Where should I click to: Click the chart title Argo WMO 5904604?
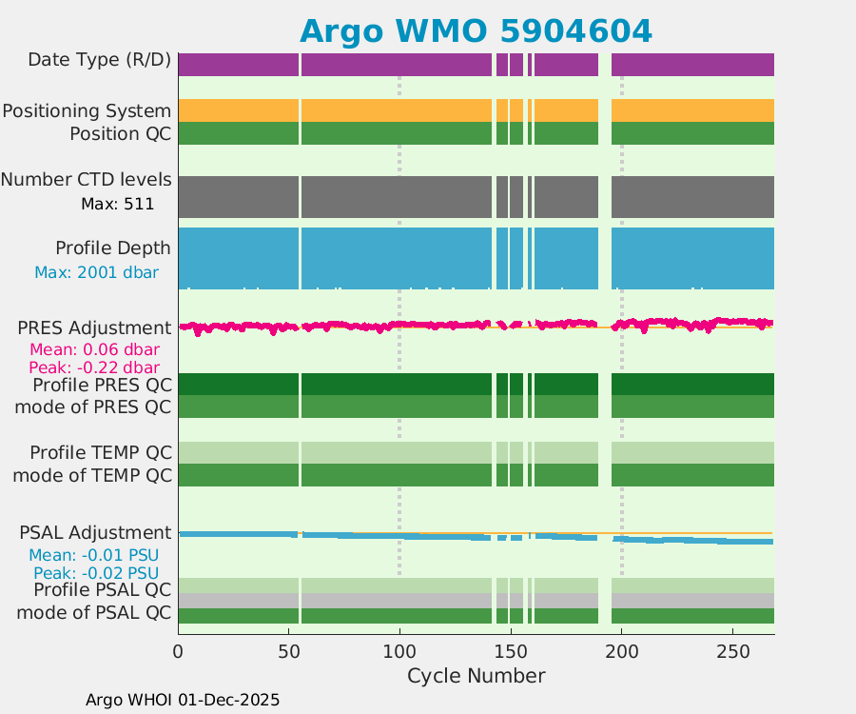click(x=476, y=31)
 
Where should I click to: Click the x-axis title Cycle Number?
click(x=476, y=676)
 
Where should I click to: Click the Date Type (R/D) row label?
click(x=99, y=60)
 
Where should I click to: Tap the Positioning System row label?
click(x=87, y=111)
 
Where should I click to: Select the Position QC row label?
click(x=120, y=133)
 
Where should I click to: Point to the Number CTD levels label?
click(x=86, y=180)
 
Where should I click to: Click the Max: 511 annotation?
click(x=117, y=203)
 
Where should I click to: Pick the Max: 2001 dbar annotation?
click(x=96, y=272)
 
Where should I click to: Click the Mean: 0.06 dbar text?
click(x=94, y=349)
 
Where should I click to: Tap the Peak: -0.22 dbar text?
click(x=94, y=367)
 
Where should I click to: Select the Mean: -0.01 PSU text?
click(x=93, y=555)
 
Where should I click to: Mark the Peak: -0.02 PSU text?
click(x=95, y=573)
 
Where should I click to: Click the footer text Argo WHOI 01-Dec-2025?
click(x=183, y=700)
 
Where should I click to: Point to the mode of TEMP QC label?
click(x=92, y=474)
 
